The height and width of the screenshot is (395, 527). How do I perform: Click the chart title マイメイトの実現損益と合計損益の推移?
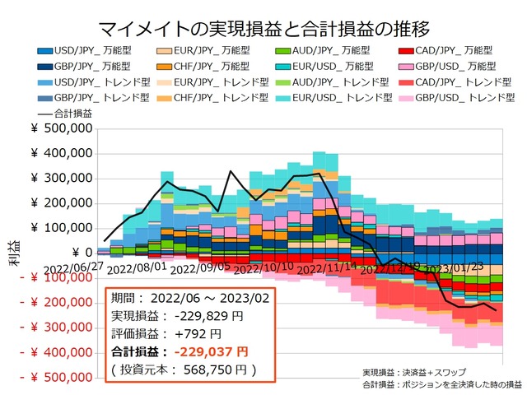[263, 30]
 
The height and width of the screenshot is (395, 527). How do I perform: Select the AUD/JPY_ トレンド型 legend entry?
[322, 82]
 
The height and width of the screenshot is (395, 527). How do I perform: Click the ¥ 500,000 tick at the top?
[61, 128]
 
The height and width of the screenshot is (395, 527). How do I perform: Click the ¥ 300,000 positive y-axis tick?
[61, 179]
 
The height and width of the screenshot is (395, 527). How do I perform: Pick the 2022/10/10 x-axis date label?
[263, 268]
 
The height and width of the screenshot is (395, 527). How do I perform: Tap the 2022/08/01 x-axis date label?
[137, 268]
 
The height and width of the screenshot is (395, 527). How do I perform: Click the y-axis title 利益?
[16, 254]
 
